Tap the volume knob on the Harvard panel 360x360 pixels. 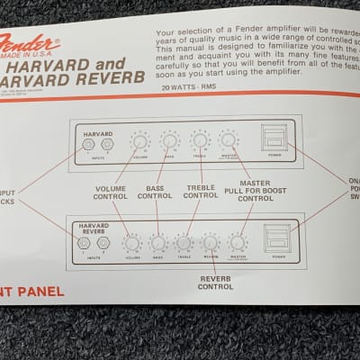[140, 141]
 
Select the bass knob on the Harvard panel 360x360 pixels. [169, 140]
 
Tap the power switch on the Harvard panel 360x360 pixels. [271, 137]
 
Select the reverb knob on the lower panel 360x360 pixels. [211, 243]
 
